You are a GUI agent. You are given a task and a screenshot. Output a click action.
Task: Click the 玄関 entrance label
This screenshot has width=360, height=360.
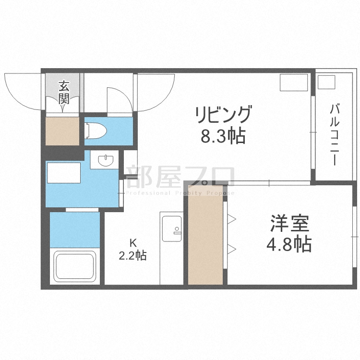pos(64,93)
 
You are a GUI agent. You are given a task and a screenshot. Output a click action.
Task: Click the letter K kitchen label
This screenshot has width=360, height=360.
pos(132,241)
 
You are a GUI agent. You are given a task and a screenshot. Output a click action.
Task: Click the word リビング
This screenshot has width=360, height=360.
pos(223,116)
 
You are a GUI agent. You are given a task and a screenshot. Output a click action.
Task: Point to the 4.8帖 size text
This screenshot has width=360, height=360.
pos(289,245)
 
